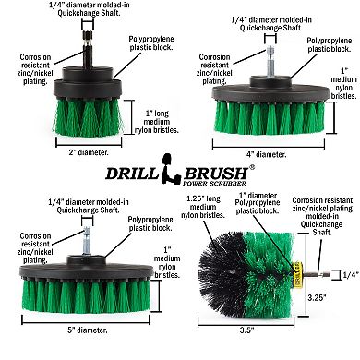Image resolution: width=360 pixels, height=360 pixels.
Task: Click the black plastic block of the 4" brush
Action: click(x=269, y=93)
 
